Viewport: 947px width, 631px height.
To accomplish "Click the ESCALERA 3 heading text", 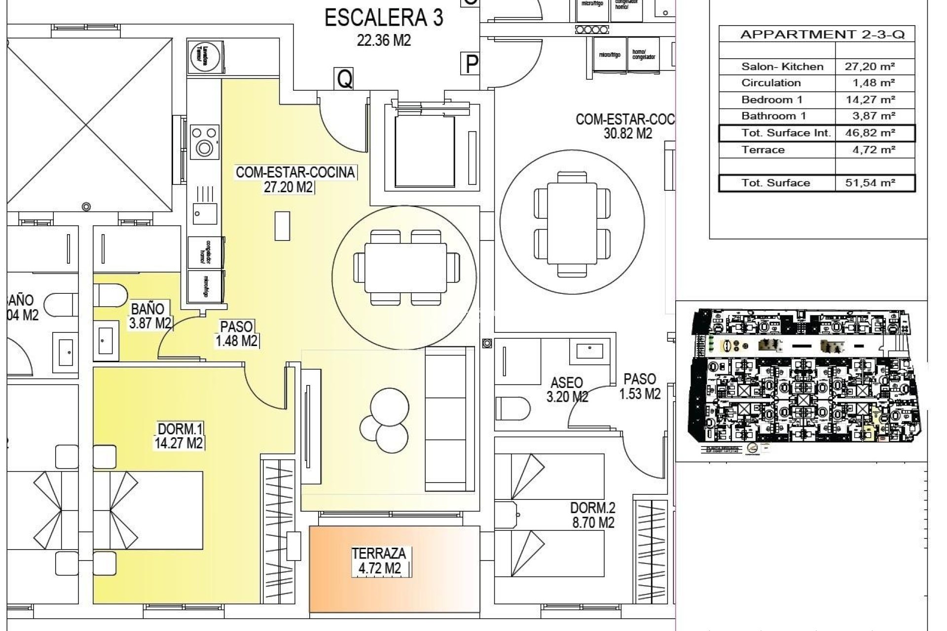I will (x=383, y=18).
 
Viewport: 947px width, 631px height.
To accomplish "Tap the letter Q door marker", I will (x=344, y=78).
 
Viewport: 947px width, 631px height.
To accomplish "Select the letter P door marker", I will (x=472, y=64).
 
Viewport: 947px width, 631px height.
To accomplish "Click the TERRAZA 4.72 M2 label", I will (x=379, y=561).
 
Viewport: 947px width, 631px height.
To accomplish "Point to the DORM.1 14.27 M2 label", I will (x=179, y=436).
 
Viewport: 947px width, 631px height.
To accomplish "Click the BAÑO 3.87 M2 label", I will (x=149, y=316).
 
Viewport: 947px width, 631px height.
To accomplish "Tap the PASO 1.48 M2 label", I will (x=236, y=334).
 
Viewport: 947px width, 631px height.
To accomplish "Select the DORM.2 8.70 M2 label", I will (x=592, y=515).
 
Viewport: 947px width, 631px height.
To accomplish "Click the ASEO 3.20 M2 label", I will (x=567, y=389).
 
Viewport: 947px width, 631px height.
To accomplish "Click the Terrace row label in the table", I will (x=763, y=150).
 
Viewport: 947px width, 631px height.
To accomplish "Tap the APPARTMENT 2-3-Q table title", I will (x=822, y=35).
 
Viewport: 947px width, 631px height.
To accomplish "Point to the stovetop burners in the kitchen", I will (x=204, y=141).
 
